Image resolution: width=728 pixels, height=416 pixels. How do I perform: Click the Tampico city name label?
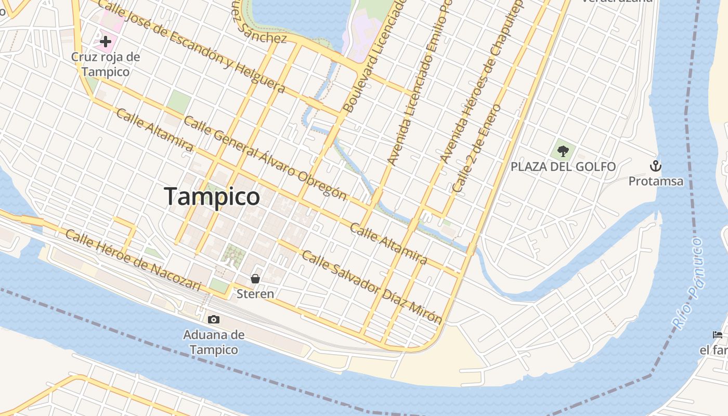(x=212, y=197)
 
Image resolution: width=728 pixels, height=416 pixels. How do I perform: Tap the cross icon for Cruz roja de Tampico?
(x=106, y=42)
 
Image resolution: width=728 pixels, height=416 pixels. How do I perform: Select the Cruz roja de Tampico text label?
(x=106, y=64)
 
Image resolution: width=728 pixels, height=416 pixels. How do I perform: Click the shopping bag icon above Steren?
(x=255, y=279)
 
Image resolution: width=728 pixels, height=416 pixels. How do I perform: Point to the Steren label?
(x=255, y=294)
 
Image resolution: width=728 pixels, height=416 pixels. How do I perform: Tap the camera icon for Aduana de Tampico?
(x=213, y=319)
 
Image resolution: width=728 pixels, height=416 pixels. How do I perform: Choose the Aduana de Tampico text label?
(x=213, y=342)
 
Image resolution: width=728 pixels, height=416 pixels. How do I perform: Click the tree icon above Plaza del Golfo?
(x=563, y=151)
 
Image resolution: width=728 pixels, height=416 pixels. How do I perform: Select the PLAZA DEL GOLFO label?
(x=563, y=167)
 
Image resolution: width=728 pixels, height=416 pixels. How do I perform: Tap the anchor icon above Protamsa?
(x=656, y=166)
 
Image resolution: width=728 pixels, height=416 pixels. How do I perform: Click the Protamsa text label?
(x=656, y=181)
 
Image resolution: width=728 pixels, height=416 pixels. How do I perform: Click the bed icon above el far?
(x=718, y=334)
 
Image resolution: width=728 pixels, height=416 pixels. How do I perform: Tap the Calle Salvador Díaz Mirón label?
(x=372, y=287)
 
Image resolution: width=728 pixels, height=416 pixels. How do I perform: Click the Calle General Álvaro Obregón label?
(x=265, y=158)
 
